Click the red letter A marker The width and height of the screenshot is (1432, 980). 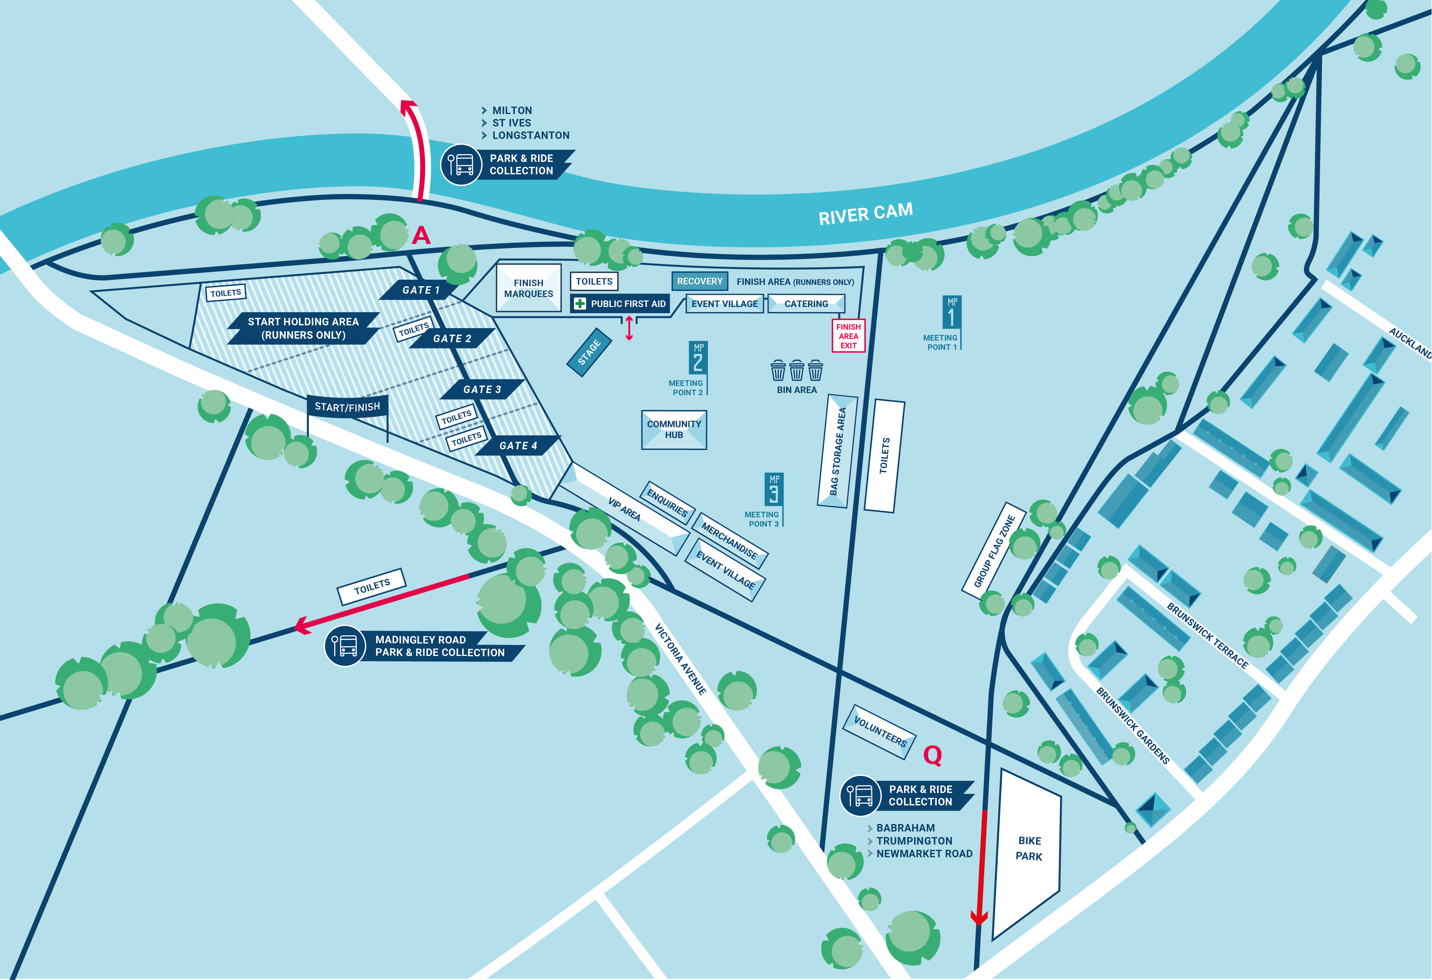[421, 235]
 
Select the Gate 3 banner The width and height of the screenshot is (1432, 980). [482, 389]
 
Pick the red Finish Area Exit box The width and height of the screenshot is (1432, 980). [848, 336]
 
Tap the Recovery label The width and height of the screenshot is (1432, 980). [699, 281]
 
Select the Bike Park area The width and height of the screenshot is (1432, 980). [1028, 850]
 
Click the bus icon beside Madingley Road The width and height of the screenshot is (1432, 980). [345, 646]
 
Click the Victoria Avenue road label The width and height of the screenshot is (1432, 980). [680, 659]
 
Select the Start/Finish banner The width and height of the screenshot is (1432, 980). [347, 406]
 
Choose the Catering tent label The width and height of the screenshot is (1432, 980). [806, 304]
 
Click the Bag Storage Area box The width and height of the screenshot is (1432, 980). [838, 451]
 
